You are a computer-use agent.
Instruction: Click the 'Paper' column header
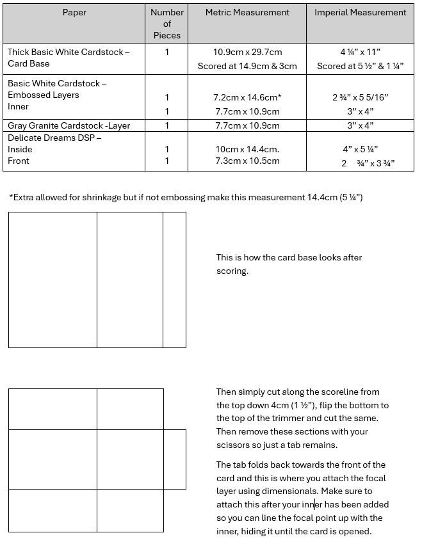(74, 12)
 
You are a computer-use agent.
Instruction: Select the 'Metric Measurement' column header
(247, 12)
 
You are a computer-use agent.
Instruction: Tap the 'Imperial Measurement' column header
(360, 12)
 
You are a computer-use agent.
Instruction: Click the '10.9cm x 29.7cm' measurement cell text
(247, 52)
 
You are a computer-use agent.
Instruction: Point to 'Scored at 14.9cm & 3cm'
(247, 66)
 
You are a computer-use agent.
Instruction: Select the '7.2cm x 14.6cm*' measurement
(247, 97)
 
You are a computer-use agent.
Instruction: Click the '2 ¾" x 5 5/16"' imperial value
(360, 97)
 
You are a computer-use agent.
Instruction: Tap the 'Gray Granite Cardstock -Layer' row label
(69, 125)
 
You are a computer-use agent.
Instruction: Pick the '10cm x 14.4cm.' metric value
(247, 149)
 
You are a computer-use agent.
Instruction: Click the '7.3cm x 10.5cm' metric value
(247, 161)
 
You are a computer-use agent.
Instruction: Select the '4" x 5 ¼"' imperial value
(360, 149)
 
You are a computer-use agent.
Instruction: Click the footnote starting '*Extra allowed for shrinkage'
(186, 197)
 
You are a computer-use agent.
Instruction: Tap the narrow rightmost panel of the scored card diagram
(174, 280)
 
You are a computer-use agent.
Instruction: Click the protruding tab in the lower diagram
(174, 459)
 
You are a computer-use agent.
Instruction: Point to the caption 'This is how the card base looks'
(289, 257)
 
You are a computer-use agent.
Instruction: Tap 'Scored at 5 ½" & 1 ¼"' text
(360, 66)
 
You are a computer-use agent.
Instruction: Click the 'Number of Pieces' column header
(166, 24)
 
